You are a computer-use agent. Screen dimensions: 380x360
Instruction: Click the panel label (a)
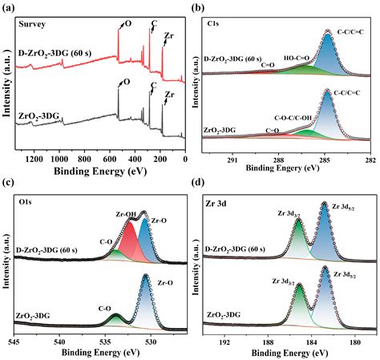9,8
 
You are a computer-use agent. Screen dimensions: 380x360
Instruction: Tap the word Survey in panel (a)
32,24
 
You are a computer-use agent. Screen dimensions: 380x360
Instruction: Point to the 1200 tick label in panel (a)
34,160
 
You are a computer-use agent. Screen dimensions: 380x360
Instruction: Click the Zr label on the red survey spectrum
169,35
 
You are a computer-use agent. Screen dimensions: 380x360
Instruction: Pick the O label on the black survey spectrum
127,82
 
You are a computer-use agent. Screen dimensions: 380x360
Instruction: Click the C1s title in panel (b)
213,24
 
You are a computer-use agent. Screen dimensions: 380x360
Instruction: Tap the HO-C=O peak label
297,58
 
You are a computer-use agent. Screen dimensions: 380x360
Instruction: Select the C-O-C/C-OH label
293,118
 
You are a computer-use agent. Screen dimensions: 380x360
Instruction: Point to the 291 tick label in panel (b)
232,160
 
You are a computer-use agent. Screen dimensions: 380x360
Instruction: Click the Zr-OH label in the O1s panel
126,214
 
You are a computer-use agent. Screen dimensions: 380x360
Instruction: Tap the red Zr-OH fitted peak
131,243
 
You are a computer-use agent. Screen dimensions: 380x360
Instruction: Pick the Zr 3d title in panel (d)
216,204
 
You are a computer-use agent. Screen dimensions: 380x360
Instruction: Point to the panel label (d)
198,183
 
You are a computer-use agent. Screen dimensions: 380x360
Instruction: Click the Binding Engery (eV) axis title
282,168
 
